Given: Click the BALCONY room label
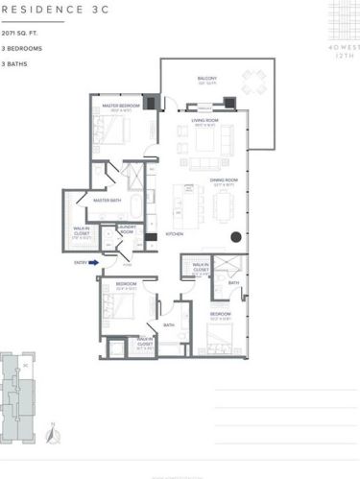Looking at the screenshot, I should [x=207, y=79].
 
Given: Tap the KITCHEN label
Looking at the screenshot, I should [x=175, y=233].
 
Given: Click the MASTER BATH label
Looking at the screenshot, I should [x=105, y=200].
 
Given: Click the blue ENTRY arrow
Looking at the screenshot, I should [x=94, y=271].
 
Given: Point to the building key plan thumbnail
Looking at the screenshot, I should [x=21, y=388].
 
